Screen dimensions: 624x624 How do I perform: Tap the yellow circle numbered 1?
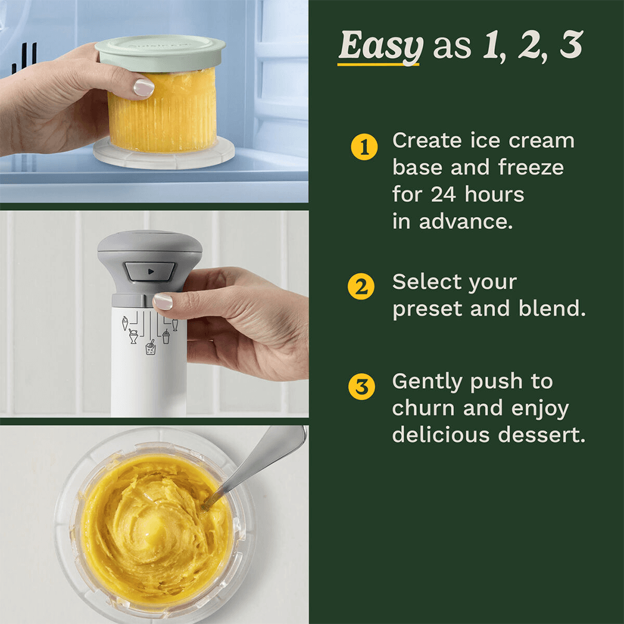(x=364, y=147)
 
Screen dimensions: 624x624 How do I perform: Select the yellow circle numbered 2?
(x=361, y=286)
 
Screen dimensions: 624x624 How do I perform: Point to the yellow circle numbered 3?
(x=361, y=386)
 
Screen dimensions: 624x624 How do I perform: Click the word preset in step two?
(x=427, y=310)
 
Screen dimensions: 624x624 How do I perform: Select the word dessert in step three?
(x=542, y=434)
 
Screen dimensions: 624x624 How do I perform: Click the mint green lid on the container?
(x=160, y=52)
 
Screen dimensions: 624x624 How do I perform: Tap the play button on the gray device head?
(x=150, y=271)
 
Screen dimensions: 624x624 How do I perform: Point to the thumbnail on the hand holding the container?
(x=144, y=87)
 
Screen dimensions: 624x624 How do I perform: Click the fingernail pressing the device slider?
(x=163, y=301)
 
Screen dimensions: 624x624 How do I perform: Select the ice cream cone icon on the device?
(x=125, y=323)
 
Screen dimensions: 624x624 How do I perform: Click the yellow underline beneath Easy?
(x=378, y=63)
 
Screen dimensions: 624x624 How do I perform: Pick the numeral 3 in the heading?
(x=571, y=44)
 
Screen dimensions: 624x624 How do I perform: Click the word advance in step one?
(x=466, y=222)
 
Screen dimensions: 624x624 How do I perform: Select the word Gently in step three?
(x=427, y=382)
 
